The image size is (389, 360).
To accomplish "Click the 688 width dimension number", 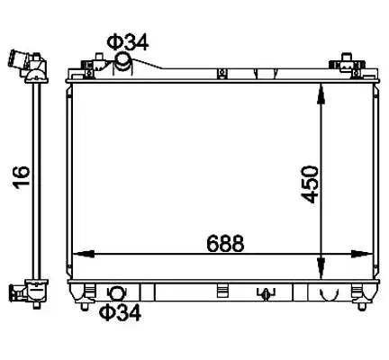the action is [x=225, y=243].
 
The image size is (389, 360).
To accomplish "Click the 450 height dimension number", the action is [x=310, y=184].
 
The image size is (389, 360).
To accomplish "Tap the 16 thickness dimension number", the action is [x=22, y=177].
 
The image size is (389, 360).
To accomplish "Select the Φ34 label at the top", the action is [x=128, y=42].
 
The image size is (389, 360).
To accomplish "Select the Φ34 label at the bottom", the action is [x=120, y=312].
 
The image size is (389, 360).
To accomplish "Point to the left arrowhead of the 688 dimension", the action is [x=84, y=254].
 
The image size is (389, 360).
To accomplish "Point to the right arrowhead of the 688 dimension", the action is [x=361, y=254].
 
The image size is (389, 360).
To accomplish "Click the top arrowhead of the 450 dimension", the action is [x=321, y=94].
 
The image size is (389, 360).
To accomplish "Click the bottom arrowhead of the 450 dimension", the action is [x=321, y=268].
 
